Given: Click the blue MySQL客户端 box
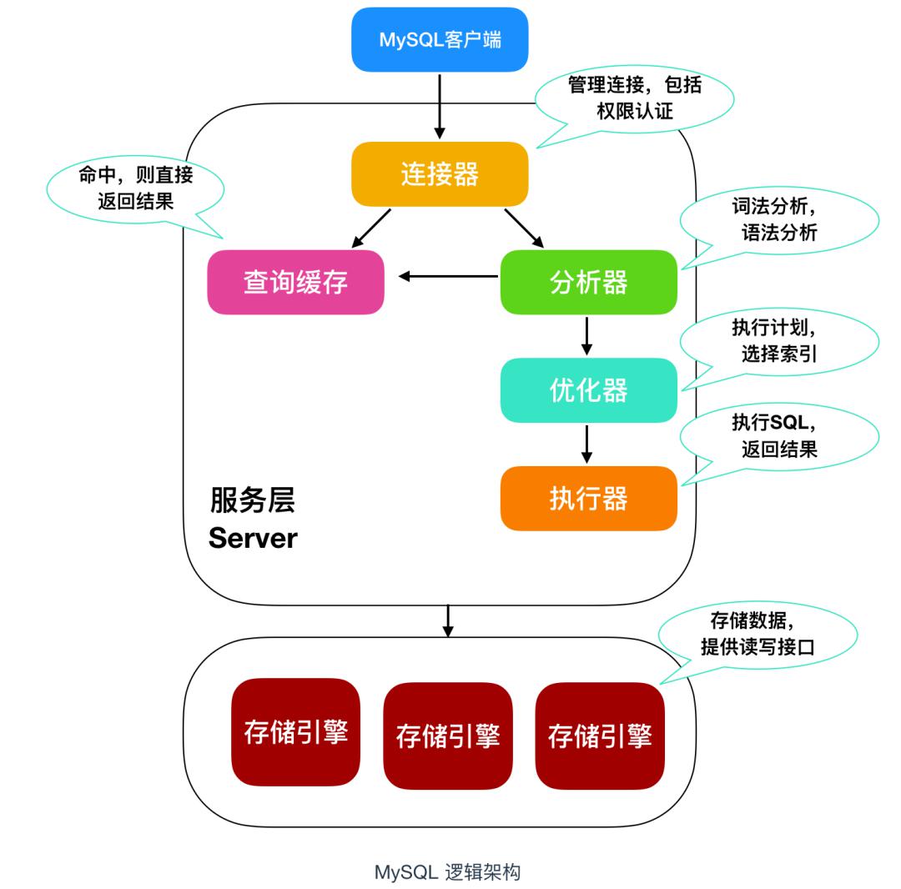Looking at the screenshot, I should [x=440, y=39].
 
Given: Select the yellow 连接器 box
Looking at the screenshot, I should [x=440, y=174].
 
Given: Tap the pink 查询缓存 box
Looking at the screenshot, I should [x=295, y=282].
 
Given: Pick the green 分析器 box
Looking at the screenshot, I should [x=588, y=282].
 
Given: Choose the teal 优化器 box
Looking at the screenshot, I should [x=588, y=390].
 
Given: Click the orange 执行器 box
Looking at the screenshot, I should [x=588, y=498].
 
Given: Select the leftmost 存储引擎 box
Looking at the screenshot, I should [x=295, y=732].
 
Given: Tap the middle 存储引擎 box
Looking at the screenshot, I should [x=447, y=736].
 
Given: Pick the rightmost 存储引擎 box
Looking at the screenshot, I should [x=600, y=736].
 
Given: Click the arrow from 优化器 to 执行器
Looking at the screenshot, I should [x=586, y=444].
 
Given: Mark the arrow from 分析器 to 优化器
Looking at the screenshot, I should [x=586, y=335].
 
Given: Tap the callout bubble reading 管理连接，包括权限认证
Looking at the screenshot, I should [x=634, y=98].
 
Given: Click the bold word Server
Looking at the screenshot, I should [x=253, y=538].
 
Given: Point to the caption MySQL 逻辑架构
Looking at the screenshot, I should [x=448, y=872].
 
